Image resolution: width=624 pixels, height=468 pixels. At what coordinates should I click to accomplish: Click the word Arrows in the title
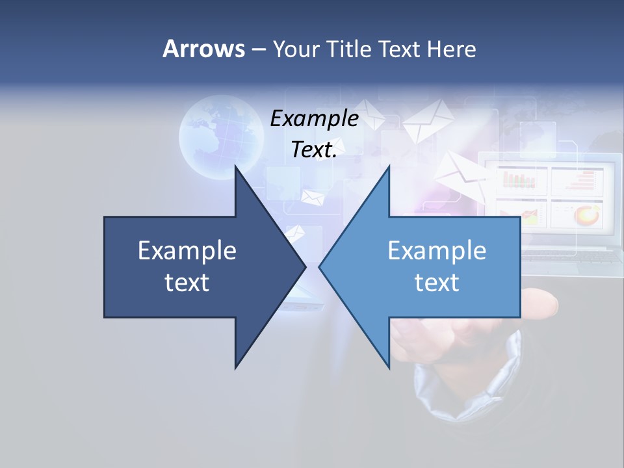click(x=203, y=49)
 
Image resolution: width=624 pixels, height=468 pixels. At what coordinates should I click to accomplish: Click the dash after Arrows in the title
click(x=258, y=49)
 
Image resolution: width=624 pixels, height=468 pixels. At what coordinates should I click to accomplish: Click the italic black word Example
click(x=315, y=119)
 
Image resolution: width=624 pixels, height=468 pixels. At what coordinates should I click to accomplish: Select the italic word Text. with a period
click(x=315, y=149)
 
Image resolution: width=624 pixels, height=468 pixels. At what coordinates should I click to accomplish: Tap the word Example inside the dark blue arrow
click(x=187, y=250)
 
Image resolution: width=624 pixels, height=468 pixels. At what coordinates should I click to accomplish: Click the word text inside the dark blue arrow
click(x=187, y=282)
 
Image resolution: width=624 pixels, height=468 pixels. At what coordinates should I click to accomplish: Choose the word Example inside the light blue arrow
click(x=437, y=250)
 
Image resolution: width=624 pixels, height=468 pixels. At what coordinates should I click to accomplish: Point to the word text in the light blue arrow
click(x=437, y=282)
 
